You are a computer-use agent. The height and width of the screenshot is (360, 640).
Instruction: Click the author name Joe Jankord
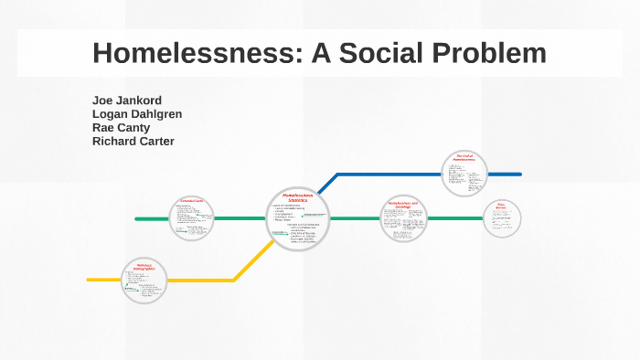(127, 100)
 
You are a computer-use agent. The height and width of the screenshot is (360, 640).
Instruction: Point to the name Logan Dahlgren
(137, 113)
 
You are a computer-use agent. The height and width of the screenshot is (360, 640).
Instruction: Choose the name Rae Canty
(121, 127)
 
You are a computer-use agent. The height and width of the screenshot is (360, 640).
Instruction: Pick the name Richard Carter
(133, 141)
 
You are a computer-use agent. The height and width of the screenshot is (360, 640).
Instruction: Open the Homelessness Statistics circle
(298, 217)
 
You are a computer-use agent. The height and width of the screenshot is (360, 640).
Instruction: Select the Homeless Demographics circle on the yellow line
(145, 280)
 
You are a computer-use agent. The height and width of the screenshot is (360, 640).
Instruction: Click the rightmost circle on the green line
(502, 218)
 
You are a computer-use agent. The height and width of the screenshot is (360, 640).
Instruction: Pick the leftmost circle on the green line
(190, 218)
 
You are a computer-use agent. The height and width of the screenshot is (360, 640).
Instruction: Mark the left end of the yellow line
(89, 280)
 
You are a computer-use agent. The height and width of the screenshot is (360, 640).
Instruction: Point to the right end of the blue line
(519, 174)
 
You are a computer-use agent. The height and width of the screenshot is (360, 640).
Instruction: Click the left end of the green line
(137, 219)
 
